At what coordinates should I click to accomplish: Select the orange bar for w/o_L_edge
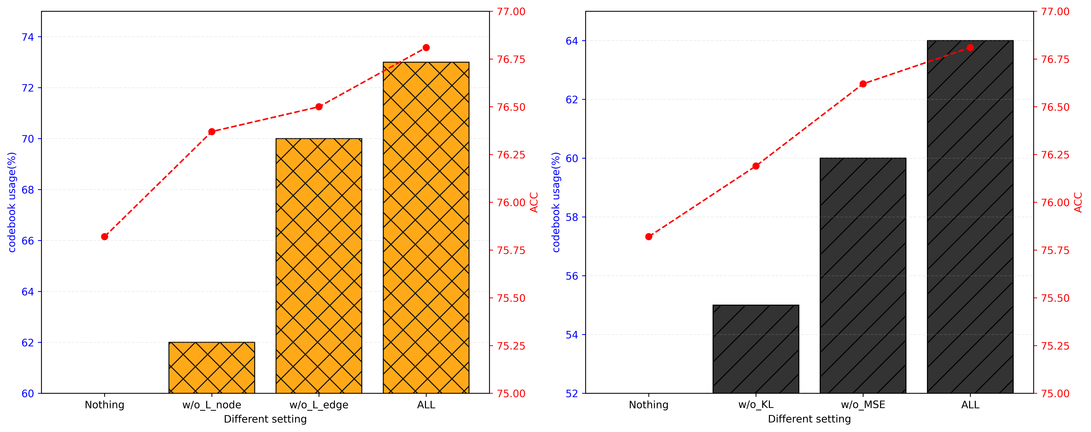point(319,266)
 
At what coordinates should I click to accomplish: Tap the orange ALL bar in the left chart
point(426,228)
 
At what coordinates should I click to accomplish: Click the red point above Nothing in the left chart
point(105,237)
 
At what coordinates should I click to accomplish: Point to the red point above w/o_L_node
point(212,132)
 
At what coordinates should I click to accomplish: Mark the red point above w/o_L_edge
point(319,107)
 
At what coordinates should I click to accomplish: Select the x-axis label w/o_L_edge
point(319,405)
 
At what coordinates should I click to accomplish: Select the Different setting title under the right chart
point(809,419)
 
